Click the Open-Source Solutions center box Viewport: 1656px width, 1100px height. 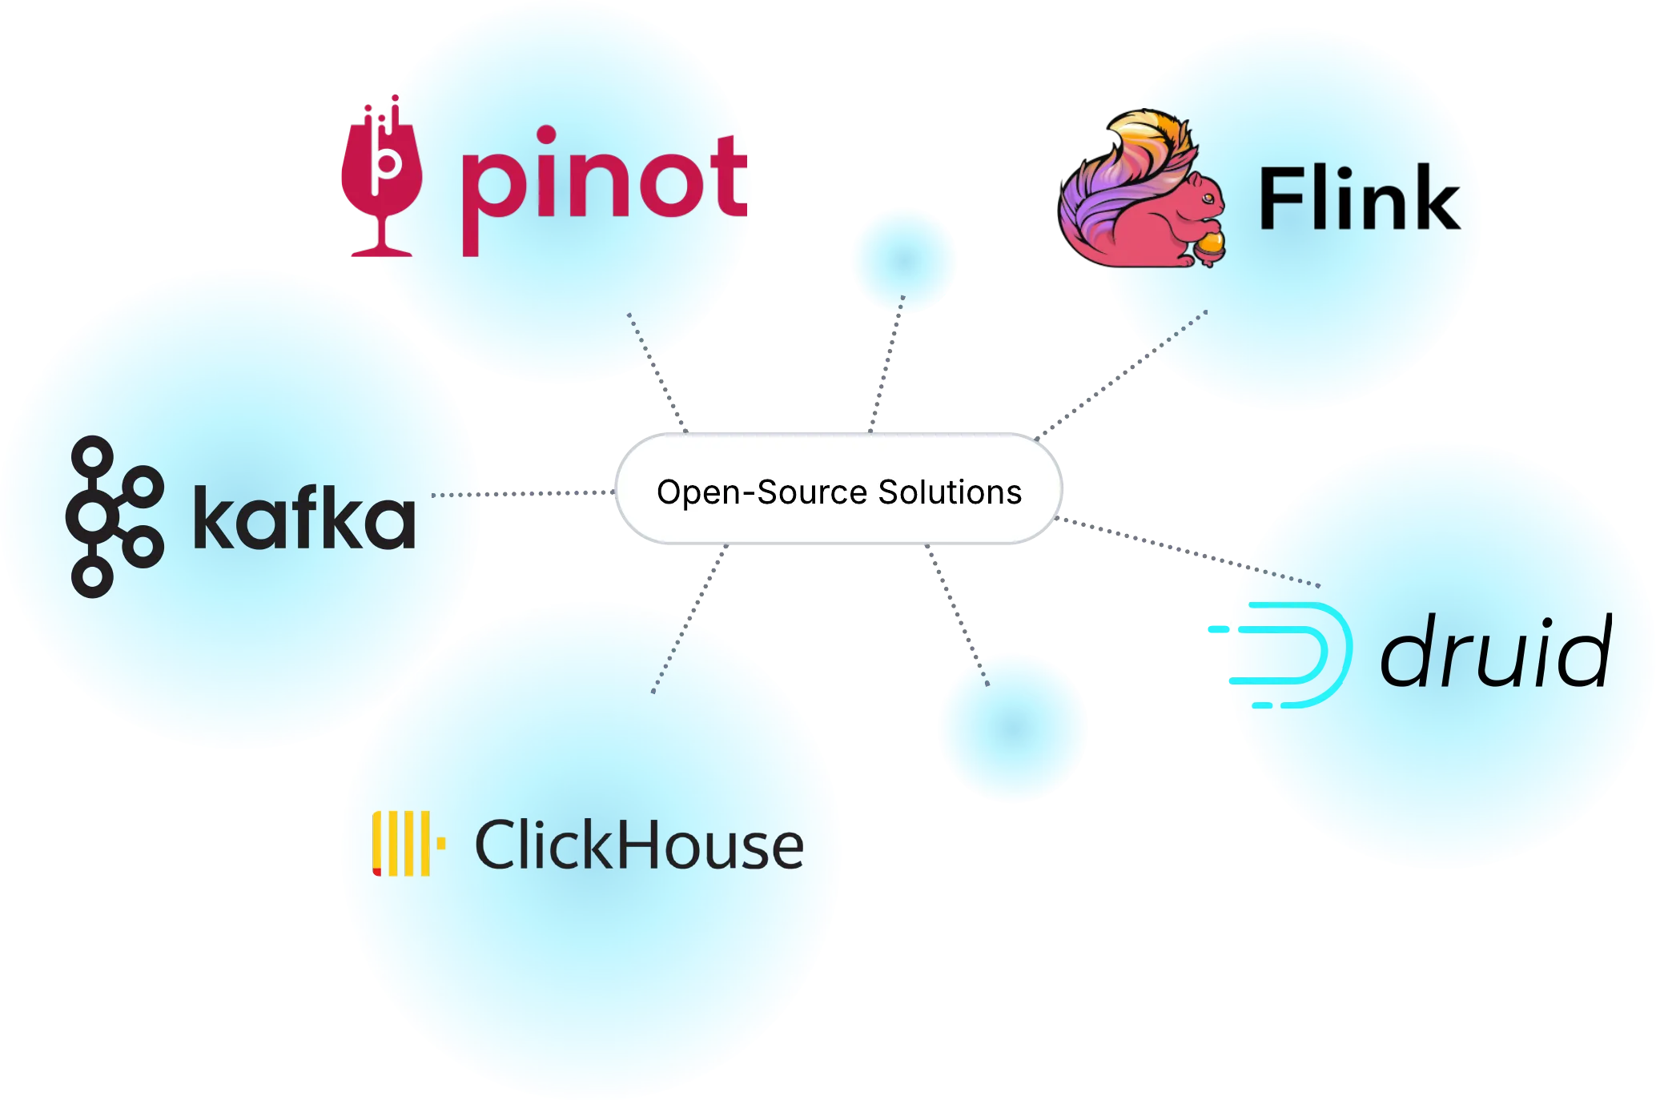point(838,490)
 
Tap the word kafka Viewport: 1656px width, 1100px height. point(304,519)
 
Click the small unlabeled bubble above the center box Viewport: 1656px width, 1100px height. point(903,259)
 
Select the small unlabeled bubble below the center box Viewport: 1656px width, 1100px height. point(1012,727)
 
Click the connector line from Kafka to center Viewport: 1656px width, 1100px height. point(545,493)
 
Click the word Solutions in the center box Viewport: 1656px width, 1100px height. point(950,492)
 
